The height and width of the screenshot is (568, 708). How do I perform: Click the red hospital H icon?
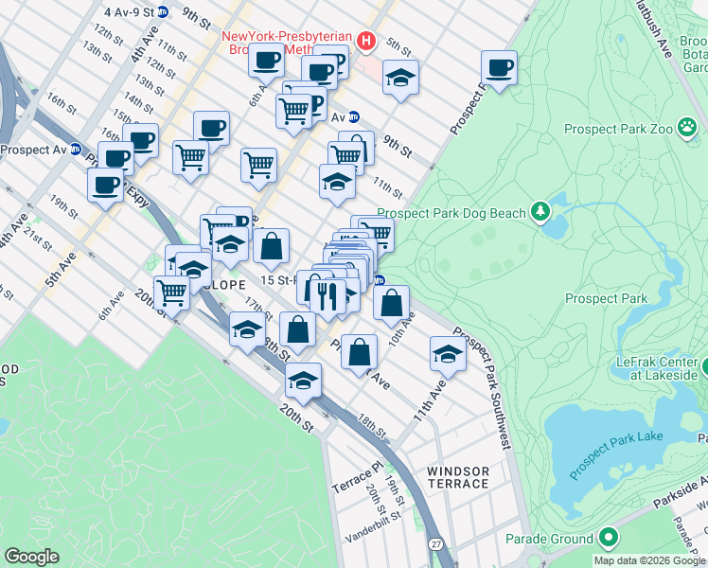point(366,42)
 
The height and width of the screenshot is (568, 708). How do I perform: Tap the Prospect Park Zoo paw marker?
point(685,129)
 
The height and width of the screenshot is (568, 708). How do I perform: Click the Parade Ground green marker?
point(607,539)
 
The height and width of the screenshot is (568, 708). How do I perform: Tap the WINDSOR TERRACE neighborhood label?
point(458,477)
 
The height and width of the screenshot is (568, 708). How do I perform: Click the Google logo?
point(32,557)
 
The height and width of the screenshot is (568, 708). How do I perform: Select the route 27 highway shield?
point(435,544)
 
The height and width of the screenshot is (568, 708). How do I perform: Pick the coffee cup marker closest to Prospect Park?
point(499,67)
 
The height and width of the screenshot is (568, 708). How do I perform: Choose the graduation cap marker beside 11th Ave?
point(448,353)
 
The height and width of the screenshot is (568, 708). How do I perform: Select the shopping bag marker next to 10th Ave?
point(391,302)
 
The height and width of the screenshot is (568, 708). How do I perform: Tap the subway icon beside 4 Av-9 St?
point(163,12)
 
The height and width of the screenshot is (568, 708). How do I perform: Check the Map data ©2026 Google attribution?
point(649,560)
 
